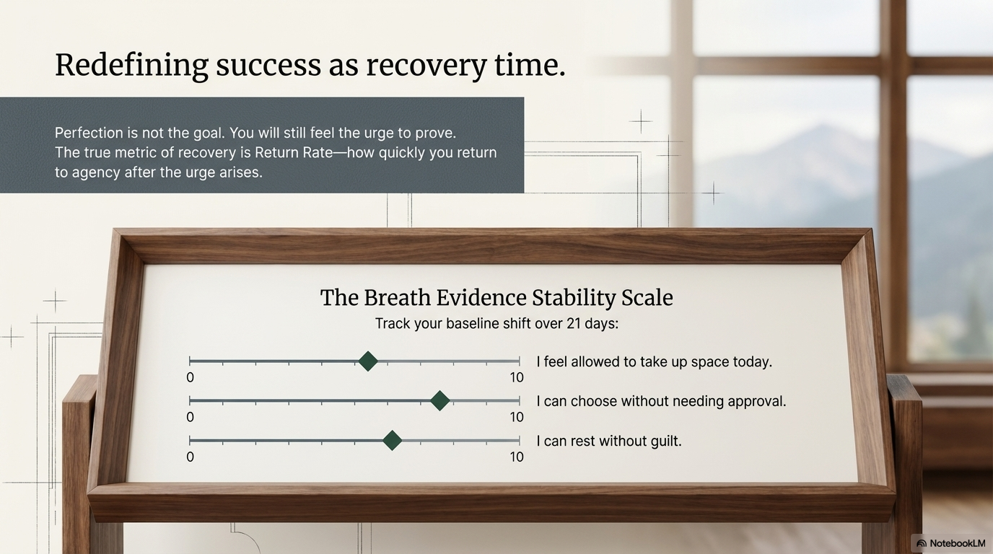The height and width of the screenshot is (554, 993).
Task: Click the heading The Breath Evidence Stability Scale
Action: pos(496,298)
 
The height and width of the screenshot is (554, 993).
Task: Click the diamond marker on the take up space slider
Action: pos(368,361)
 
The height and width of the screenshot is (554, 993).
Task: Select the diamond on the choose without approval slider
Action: pos(439,401)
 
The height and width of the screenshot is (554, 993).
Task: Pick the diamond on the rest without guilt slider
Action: pos(392,441)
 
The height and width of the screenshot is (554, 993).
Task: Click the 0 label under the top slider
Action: pos(190,378)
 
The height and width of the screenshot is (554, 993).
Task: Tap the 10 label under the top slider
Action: pos(517,378)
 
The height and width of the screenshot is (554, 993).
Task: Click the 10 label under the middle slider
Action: pos(517,418)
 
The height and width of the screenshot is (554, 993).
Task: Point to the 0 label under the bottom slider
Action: pos(190,457)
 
